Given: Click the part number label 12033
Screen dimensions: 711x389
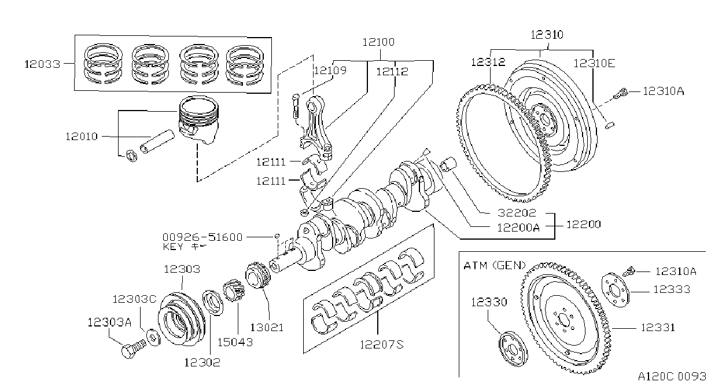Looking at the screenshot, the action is (42, 64).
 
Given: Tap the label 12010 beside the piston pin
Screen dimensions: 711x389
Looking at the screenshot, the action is (82, 137).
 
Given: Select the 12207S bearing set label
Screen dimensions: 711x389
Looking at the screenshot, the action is (381, 344).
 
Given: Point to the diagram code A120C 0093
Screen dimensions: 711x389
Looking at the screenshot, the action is (672, 376).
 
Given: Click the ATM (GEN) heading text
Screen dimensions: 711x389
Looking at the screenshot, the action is (495, 265).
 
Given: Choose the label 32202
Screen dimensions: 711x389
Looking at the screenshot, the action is (517, 212).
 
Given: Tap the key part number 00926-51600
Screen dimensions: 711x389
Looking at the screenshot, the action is (202, 237).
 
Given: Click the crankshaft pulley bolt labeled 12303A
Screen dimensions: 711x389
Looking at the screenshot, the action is (133, 348).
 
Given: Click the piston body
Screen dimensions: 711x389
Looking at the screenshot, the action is (199, 119).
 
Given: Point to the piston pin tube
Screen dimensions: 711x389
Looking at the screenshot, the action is (157, 141).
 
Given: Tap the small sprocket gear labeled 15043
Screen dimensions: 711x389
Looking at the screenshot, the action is (234, 290).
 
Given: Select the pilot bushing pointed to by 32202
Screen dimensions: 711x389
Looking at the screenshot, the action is (448, 164).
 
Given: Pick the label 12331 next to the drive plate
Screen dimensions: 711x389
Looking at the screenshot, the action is (658, 328).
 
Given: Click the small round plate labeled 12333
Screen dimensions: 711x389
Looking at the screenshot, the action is (616, 289).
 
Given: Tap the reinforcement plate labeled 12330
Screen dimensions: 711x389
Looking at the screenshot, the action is (513, 349).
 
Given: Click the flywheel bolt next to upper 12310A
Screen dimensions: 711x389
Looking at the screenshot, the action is (620, 93).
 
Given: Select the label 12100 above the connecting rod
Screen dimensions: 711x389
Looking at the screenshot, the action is (378, 42).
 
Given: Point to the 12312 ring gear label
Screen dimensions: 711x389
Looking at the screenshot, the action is (488, 62).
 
